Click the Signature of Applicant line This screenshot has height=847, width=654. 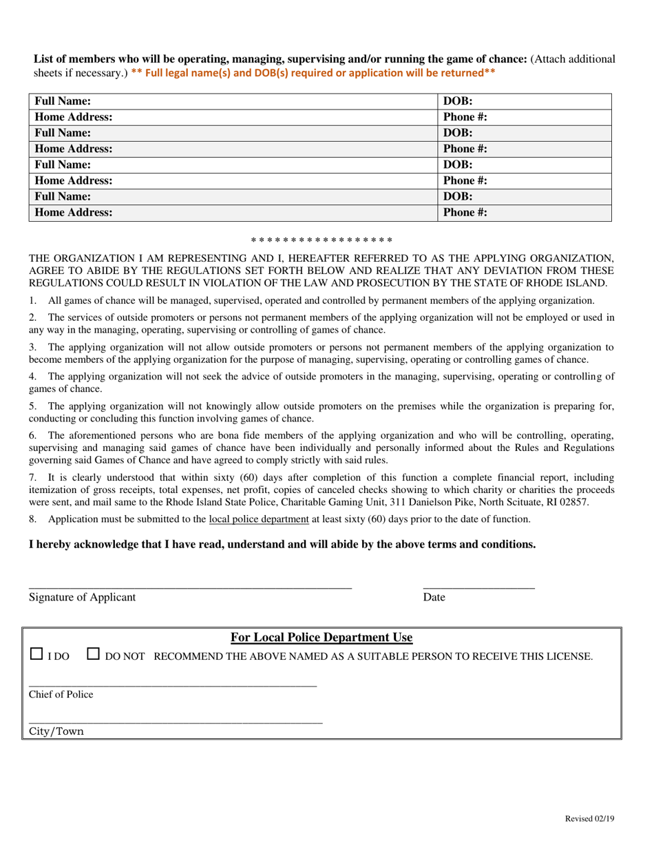click(x=190, y=587)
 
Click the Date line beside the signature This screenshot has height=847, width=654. click(x=478, y=587)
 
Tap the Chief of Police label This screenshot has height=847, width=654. click(x=61, y=695)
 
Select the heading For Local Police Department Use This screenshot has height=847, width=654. click(x=321, y=638)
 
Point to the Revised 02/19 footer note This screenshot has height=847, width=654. click(x=589, y=818)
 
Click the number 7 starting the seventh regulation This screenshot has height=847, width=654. click(x=32, y=477)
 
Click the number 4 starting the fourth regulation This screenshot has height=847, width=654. click(x=32, y=376)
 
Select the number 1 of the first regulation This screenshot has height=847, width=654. click(x=32, y=300)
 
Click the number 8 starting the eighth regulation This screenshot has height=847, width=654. click(x=32, y=519)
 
